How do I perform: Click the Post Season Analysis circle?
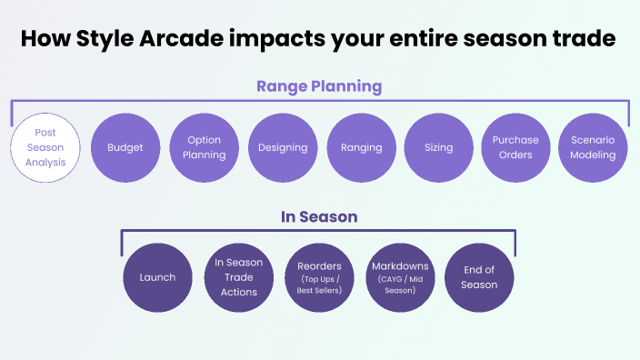click(x=46, y=147)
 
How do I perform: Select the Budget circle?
click(x=125, y=147)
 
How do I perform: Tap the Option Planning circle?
click(x=204, y=147)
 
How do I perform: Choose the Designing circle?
click(x=283, y=147)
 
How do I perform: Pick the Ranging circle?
click(x=361, y=147)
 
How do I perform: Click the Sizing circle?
click(x=438, y=147)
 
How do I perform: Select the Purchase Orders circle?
click(x=515, y=147)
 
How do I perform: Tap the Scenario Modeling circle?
click(x=593, y=147)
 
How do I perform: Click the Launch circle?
click(x=157, y=277)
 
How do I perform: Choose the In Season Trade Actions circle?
click(x=238, y=277)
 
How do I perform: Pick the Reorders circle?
click(x=318, y=277)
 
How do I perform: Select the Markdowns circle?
click(x=399, y=277)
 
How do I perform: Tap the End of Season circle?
click(x=479, y=277)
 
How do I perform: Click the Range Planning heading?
click(x=318, y=86)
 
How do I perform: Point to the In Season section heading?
click(x=318, y=217)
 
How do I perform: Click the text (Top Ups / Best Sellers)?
click(x=318, y=285)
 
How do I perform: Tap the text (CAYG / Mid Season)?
click(x=399, y=285)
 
